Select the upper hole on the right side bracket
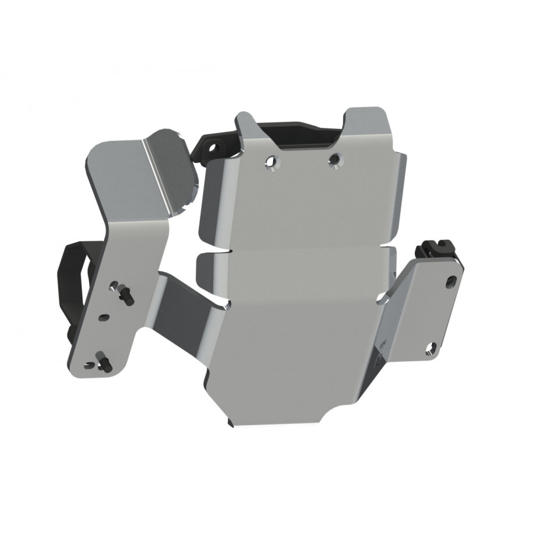tap(450, 281)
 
